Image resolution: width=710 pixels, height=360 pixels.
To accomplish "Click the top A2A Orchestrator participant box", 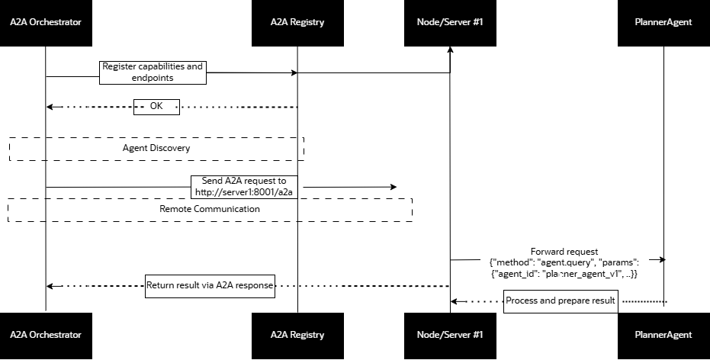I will pyautogui.click(x=46, y=23).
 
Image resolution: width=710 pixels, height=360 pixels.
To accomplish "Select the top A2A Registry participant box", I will pyautogui.click(x=297, y=23).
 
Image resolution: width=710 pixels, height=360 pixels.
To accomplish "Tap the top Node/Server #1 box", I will pyautogui.click(x=450, y=23).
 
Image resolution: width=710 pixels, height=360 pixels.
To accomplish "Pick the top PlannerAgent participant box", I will pyautogui.click(x=663, y=23).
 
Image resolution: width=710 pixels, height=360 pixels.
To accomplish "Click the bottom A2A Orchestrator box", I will pyautogui.click(x=46, y=335).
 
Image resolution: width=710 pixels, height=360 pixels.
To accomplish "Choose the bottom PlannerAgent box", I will pyautogui.click(x=663, y=335).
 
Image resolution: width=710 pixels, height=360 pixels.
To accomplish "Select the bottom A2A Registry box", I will pyautogui.click(x=297, y=335).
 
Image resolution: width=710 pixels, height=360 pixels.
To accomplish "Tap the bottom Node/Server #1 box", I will pyautogui.click(x=450, y=335).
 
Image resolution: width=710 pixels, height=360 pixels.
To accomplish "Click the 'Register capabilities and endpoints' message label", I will pyautogui.click(x=153, y=72).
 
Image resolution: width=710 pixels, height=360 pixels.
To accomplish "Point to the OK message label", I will pyautogui.click(x=156, y=106).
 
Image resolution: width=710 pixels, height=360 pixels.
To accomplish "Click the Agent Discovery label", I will pyautogui.click(x=156, y=148).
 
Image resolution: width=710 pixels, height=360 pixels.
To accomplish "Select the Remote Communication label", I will pyautogui.click(x=210, y=209).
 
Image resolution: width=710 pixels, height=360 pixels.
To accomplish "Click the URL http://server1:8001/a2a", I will pyautogui.click(x=245, y=193).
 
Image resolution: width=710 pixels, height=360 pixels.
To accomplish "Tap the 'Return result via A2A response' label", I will pyautogui.click(x=210, y=286).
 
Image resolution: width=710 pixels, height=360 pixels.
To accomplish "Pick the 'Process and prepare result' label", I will pyautogui.click(x=561, y=301).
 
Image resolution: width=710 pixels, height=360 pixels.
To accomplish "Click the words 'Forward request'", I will pyautogui.click(x=564, y=252).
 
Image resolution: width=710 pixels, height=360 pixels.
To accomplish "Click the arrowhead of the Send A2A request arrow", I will pyautogui.click(x=394, y=187).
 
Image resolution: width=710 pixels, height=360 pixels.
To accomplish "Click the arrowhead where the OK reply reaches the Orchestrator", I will pyautogui.click(x=50, y=107).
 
